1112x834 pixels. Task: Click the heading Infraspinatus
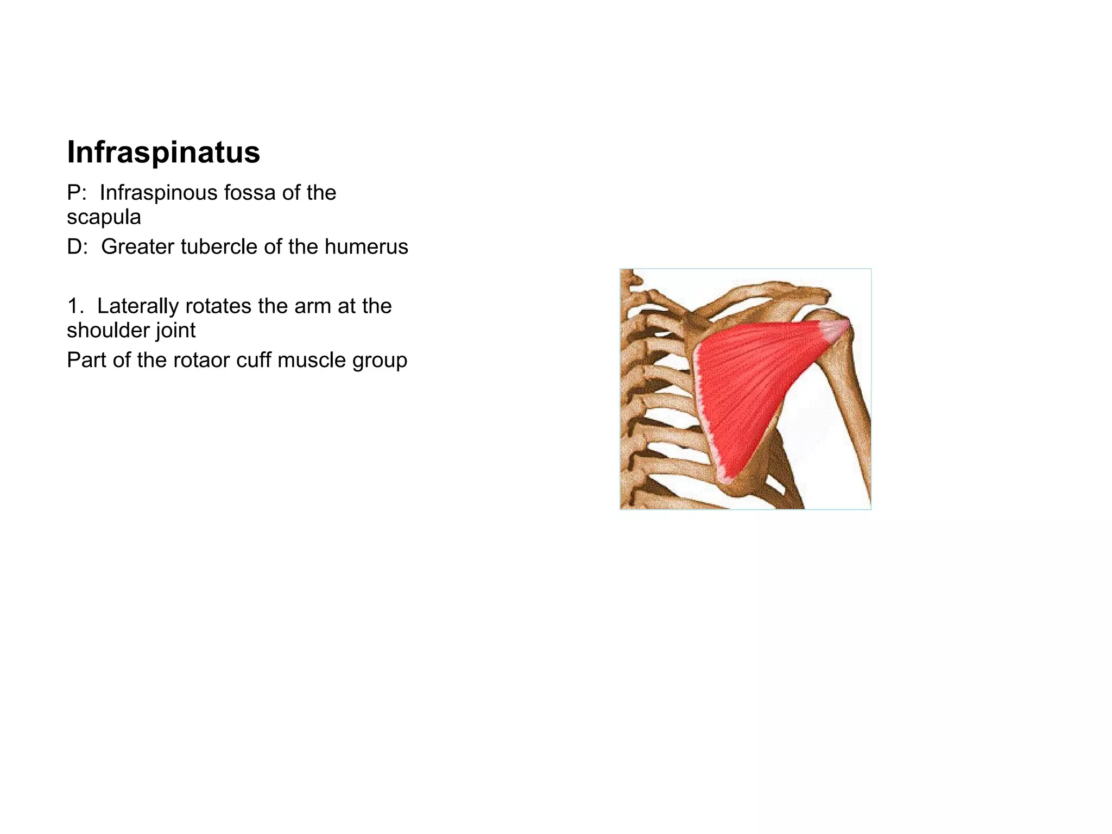point(163,152)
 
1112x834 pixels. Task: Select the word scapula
point(104,217)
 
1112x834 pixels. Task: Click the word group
point(380,361)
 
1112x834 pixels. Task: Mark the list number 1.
point(75,306)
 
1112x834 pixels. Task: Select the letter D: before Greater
point(77,247)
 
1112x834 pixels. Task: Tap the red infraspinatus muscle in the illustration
point(749,386)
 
